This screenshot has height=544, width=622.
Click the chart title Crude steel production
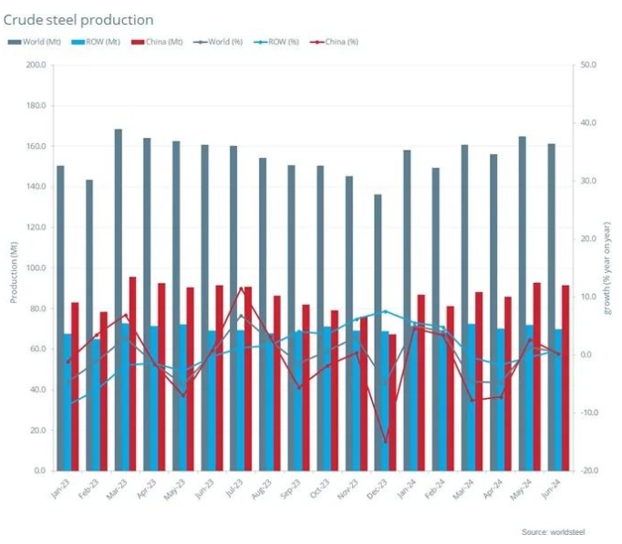[79, 19]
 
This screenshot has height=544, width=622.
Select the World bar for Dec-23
[378, 329]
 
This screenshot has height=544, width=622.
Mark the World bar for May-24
[523, 301]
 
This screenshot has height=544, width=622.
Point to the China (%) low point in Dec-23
[386, 443]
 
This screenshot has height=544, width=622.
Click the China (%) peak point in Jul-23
[242, 288]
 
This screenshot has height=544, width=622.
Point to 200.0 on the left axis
[36, 65]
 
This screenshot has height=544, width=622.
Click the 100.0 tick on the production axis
[36, 268]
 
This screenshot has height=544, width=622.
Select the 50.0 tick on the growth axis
[588, 65]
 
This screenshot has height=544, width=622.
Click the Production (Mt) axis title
[14, 268]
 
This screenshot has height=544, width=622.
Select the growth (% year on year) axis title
[608, 268]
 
